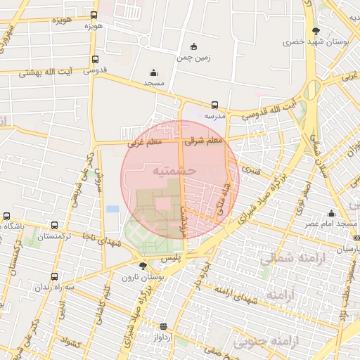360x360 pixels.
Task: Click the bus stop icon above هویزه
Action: [94, 15]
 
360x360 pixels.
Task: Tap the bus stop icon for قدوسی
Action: [94, 60]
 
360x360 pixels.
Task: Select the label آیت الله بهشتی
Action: [44, 72]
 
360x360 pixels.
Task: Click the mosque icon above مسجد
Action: [153, 72]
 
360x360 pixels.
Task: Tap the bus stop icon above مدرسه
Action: [214, 105]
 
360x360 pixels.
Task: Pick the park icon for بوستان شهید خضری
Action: [316, 31]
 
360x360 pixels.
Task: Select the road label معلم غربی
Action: [144, 143]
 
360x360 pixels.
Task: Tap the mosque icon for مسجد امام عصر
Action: [331, 214]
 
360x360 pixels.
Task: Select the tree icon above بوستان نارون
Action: [144, 266]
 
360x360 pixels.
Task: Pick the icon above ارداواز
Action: [163, 326]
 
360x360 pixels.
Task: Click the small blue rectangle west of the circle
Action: [112, 210]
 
